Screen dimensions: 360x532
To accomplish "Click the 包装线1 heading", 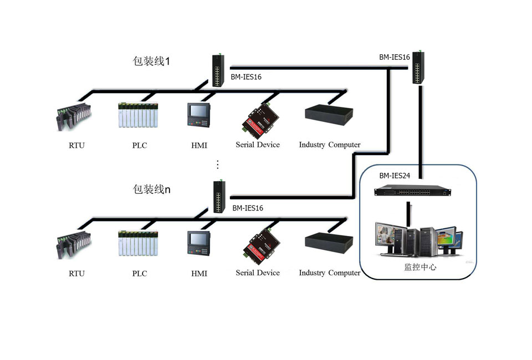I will coord(151,61).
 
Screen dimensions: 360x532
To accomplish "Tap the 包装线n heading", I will coord(151,189).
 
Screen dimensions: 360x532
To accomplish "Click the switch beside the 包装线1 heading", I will coord(217,70).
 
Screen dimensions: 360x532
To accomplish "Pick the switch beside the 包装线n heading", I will coord(220,197).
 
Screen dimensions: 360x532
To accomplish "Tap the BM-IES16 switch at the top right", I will coord(417,66).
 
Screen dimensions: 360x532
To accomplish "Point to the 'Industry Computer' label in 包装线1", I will coord(330,145).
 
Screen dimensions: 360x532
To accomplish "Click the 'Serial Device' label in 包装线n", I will coord(258,272).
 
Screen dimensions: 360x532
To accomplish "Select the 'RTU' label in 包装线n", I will coord(76,274).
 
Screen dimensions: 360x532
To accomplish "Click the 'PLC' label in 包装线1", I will coord(140,146).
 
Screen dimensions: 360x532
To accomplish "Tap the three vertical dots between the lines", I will coord(218,164).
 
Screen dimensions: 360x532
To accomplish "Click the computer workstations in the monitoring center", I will coord(417,239).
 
